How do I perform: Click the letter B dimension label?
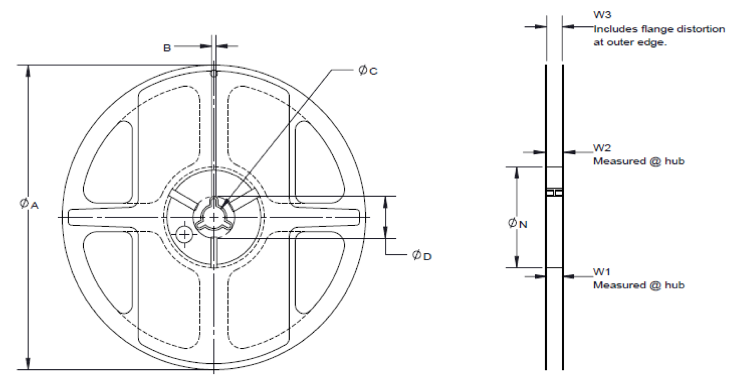(167, 48)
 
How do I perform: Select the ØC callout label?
(368, 71)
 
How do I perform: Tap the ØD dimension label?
(422, 255)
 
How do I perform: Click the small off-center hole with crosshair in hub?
(185, 234)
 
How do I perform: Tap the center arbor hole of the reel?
(214, 217)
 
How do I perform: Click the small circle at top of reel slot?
(214, 72)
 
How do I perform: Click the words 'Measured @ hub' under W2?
(632, 162)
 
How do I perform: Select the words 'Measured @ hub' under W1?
(632, 284)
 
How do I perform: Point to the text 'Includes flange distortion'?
(659, 29)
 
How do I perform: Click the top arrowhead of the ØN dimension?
(517, 171)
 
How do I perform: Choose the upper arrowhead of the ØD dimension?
(385, 201)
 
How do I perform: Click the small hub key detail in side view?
(554, 193)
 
